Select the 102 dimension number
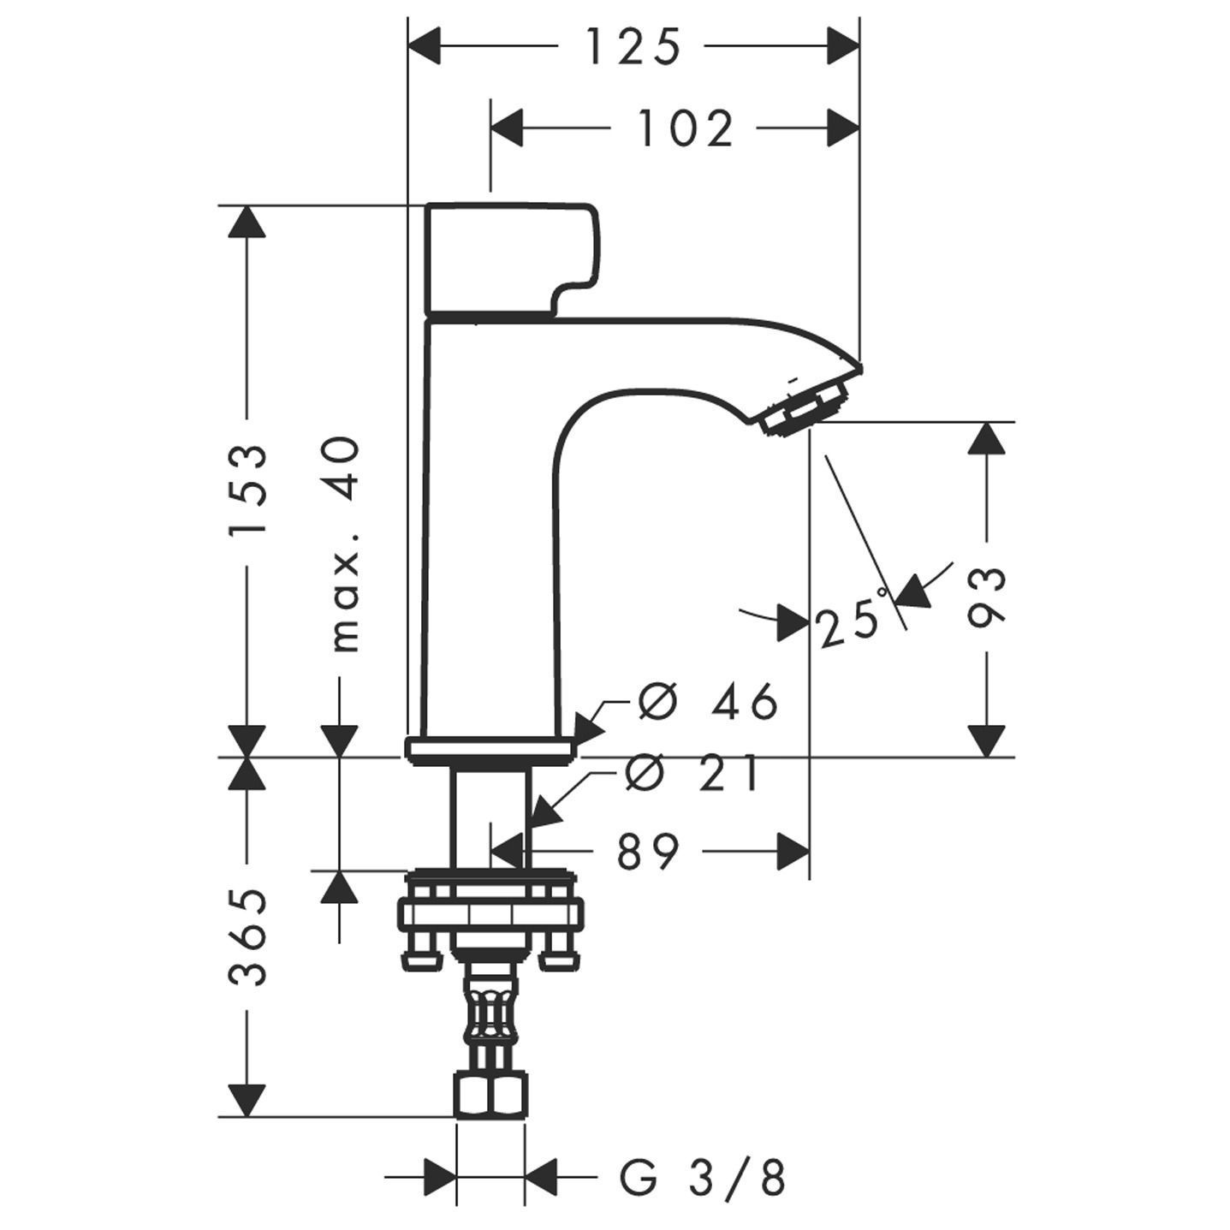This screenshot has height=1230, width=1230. (x=686, y=129)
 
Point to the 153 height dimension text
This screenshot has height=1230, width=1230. (x=248, y=489)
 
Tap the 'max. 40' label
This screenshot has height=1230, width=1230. (x=344, y=544)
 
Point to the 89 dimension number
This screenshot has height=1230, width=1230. (x=648, y=852)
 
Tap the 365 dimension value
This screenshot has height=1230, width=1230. (x=248, y=937)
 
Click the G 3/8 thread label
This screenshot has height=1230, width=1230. (x=702, y=1179)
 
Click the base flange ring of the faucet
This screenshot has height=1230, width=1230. (x=491, y=751)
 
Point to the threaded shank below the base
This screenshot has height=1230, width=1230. (x=490, y=813)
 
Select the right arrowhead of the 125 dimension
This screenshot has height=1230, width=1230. (x=842, y=46)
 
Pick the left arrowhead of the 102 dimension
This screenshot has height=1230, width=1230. (x=507, y=128)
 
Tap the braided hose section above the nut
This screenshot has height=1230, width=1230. (x=490, y=1014)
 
